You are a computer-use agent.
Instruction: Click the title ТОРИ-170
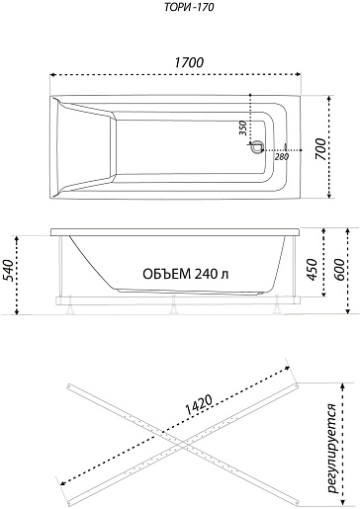pyautogui.click(x=189, y=7)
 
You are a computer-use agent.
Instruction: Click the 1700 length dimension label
pyautogui.click(x=189, y=62)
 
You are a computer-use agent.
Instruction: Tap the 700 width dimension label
pyautogui.click(x=320, y=149)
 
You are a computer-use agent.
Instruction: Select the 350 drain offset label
pyautogui.click(x=242, y=127)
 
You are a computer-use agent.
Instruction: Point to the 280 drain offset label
pyautogui.click(x=282, y=156)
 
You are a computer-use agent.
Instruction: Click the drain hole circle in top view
pyautogui.click(x=256, y=147)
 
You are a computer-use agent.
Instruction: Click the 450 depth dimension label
pyautogui.click(x=312, y=270)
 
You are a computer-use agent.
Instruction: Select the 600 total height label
pyautogui.click(x=339, y=270)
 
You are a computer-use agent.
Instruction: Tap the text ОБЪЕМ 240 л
pyautogui.click(x=185, y=274)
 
